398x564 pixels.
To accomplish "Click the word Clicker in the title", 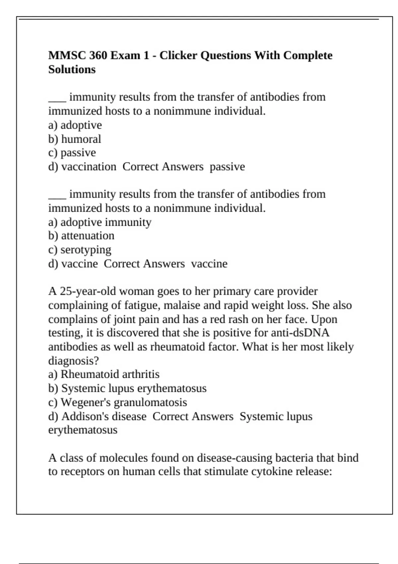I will pos(178,55).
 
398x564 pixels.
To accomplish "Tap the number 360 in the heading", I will pos(98,55).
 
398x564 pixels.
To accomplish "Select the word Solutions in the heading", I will pos(72,70).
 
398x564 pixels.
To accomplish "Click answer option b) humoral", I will pos(75,139).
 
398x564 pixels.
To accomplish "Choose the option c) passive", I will pos(72,153).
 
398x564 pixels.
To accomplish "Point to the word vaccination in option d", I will pos(89,167).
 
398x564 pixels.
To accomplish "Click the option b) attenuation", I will pos(81,236).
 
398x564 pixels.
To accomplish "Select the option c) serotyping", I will pos(80,249).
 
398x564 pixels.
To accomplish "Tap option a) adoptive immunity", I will pos(100,222).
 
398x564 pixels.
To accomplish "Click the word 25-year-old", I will pos(88,291).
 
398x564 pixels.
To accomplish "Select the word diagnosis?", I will pos(74,361).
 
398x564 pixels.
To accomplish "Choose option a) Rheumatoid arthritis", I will pos(104,374).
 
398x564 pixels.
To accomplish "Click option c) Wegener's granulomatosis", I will pos(118,402).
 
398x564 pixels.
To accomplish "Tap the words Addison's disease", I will pos(104,416).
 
